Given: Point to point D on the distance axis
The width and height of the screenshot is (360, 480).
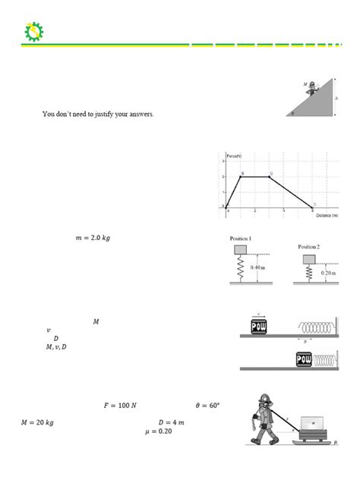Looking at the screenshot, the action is coord(313,205).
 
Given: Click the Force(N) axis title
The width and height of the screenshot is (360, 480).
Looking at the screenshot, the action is coord(235,155).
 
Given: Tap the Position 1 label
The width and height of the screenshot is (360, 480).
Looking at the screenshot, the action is coord(242,238).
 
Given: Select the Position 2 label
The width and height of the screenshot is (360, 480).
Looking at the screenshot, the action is coord(311,247).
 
